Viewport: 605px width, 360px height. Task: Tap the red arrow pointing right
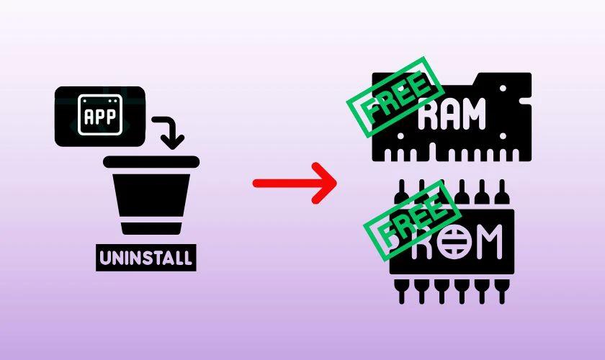coord(295,183)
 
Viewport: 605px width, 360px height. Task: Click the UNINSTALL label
coord(145,258)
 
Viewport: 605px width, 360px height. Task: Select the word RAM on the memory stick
coord(452,114)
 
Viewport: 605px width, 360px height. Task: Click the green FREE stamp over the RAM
coord(395,97)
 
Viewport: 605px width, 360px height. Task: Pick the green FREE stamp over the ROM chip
coord(412,220)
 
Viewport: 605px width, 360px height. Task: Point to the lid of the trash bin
coord(151,162)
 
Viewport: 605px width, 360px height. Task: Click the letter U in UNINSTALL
coord(105,258)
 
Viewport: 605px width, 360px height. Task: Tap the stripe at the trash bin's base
coord(151,229)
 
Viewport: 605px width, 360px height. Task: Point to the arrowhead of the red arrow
coord(326,183)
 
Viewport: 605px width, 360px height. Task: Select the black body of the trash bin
coord(151,195)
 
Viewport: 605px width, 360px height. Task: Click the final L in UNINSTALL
coord(187,258)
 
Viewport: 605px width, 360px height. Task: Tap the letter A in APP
coord(89,117)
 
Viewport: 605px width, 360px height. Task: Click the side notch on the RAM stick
coord(526,102)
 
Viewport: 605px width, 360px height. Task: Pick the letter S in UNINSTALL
coord(148,258)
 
